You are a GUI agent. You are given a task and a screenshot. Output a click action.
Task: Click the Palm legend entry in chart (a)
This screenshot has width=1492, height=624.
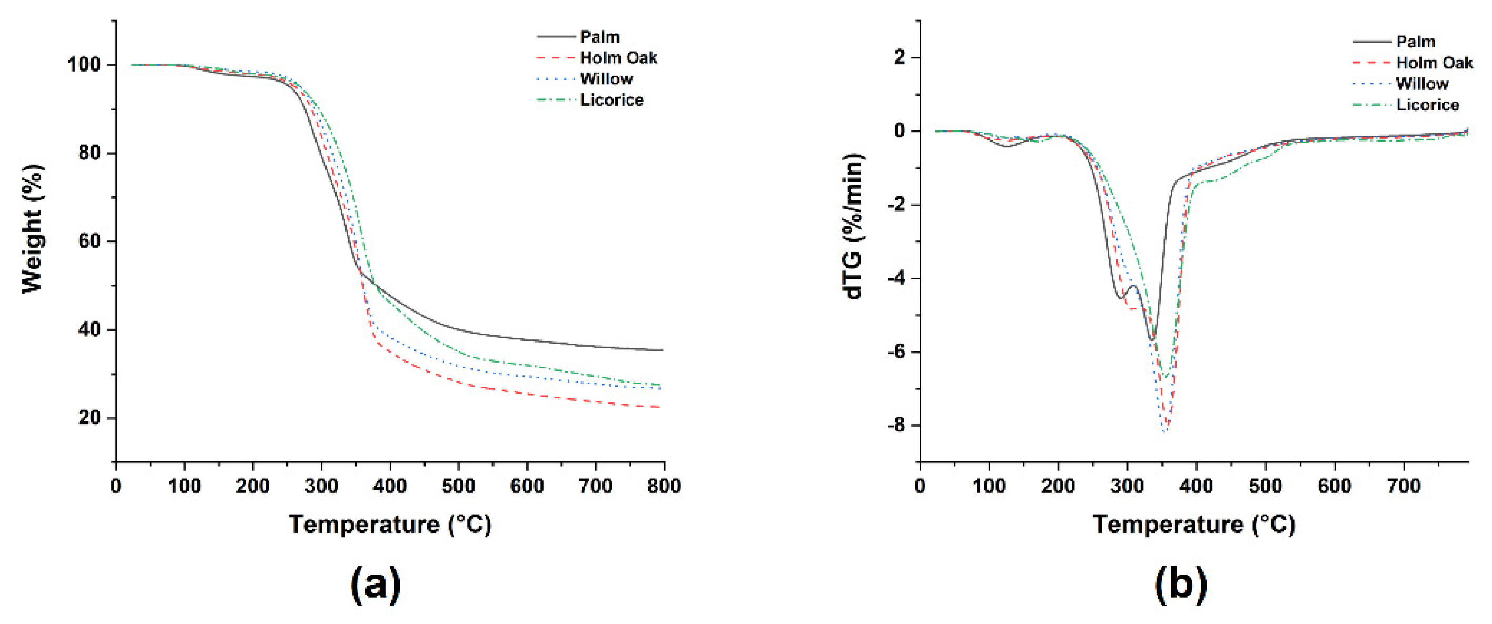(x=599, y=37)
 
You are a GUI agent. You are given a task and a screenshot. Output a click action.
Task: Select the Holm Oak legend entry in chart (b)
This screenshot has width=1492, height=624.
(x=1434, y=63)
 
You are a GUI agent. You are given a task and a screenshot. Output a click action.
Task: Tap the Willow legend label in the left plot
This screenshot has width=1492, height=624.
(x=606, y=79)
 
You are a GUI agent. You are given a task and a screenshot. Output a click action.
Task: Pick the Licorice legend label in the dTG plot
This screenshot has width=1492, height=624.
(x=1428, y=105)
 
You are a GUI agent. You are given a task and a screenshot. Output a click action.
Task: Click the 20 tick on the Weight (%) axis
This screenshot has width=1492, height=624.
(x=90, y=417)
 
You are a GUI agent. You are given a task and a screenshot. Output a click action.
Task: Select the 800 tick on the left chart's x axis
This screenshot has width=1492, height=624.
(x=664, y=486)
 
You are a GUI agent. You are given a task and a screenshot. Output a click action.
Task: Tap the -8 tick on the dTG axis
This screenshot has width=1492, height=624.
(x=895, y=426)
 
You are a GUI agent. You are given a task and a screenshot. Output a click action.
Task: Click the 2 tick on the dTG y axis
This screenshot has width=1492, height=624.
(x=900, y=58)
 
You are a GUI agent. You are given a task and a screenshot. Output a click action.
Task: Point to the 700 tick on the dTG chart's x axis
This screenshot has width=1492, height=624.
(x=1404, y=486)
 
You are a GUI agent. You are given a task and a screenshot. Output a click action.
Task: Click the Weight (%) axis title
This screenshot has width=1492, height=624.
(x=33, y=229)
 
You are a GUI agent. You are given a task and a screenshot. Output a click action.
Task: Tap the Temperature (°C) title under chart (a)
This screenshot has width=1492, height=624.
(x=390, y=525)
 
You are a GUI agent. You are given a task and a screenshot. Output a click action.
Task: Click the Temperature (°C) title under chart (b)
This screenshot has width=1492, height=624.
(x=1194, y=525)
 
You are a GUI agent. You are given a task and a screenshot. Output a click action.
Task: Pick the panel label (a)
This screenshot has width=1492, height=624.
(x=376, y=585)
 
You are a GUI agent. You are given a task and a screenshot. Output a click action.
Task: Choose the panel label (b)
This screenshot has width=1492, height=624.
(x=1181, y=585)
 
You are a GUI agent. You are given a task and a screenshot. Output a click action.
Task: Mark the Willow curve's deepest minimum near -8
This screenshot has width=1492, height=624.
(x=1165, y=431)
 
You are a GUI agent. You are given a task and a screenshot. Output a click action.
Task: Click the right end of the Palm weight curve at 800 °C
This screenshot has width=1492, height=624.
(x=662, y=350)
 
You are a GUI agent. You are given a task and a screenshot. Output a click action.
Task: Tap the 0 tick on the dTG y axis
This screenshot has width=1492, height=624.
(x=900, y=132)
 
